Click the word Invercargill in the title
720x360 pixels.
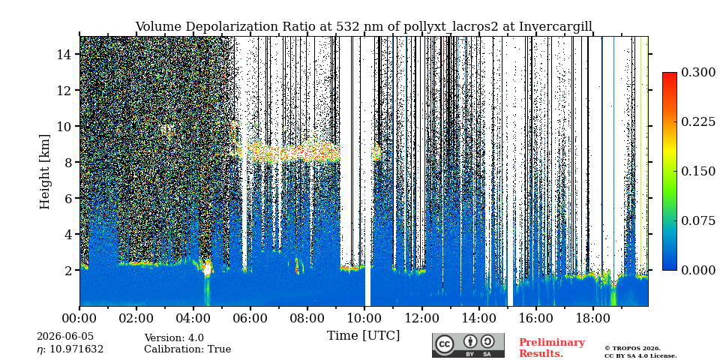click(x=556, y=27)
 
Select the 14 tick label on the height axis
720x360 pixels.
click(x=67, y=54)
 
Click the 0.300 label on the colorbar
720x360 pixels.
click(x=698, y=73)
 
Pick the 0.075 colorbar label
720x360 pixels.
click(x=698, y=220)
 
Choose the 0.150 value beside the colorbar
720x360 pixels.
click(x=698, y=171)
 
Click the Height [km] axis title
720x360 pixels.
click(x=44, y=172)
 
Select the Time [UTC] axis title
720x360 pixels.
click(x=364, y=336)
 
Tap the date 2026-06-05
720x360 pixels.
click(x=65, y=337)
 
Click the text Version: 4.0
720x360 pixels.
click(x=174, y=338)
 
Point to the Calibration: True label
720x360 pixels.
click(x=187, y=349)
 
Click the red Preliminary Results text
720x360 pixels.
click(x=552, y=348)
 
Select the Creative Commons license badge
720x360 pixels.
click(x=468, y=345)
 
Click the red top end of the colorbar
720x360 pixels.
click(x=670, y=74)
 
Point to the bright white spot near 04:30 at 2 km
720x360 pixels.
click(x=207, y=268)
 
